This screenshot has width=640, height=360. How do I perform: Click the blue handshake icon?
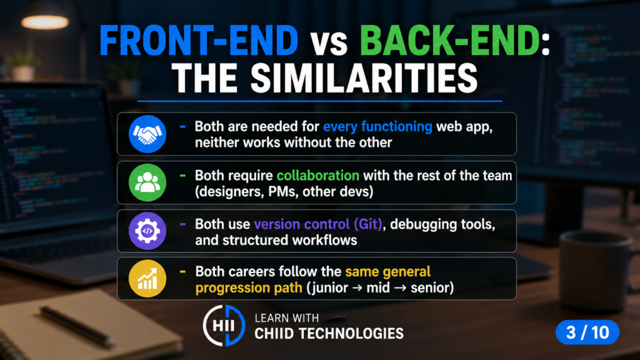147,134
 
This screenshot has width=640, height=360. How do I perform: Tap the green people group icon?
147,182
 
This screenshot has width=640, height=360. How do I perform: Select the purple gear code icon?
147,231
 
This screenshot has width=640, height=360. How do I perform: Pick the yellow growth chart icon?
147,279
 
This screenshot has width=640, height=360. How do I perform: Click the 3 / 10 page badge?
587,332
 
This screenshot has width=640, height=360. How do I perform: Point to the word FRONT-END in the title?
199,41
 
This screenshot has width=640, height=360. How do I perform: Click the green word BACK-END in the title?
450,41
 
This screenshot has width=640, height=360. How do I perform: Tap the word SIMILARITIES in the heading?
364,78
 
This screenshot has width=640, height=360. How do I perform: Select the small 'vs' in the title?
329,44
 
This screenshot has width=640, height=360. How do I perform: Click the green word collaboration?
318,176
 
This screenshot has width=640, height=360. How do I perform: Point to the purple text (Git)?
368,224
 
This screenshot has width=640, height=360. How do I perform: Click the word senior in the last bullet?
432,287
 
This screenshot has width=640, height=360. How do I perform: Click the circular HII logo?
224,325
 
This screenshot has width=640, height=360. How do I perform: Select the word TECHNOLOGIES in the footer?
350,334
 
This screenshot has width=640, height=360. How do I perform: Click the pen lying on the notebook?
77,326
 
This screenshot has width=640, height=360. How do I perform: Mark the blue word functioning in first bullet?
397,126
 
